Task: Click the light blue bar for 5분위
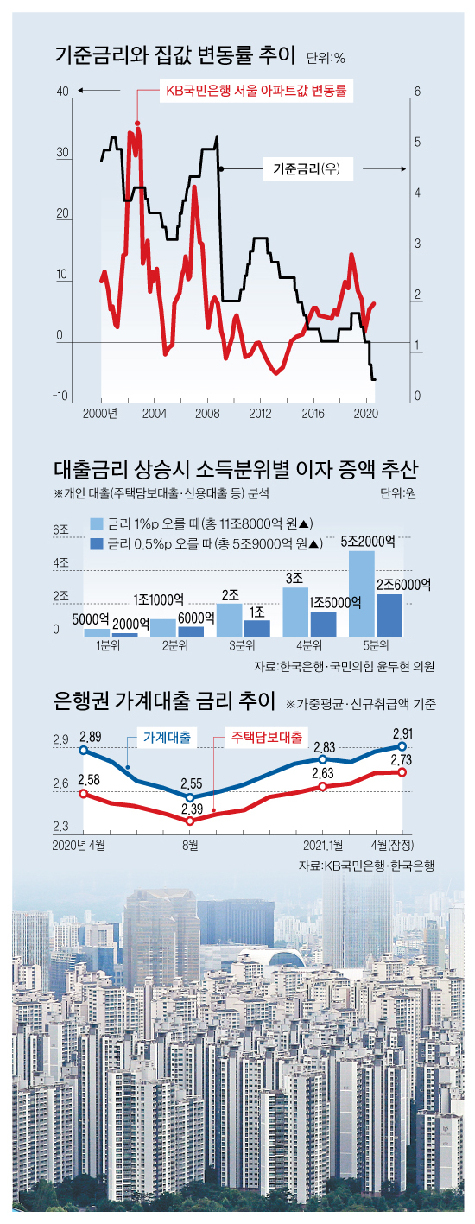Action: (362, 593)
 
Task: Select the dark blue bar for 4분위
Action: (322, 624)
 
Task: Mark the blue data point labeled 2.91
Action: (402, 745)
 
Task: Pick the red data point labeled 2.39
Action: (191, 821)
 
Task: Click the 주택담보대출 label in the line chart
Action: (264, 738)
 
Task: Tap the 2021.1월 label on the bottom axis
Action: (323, 842)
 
